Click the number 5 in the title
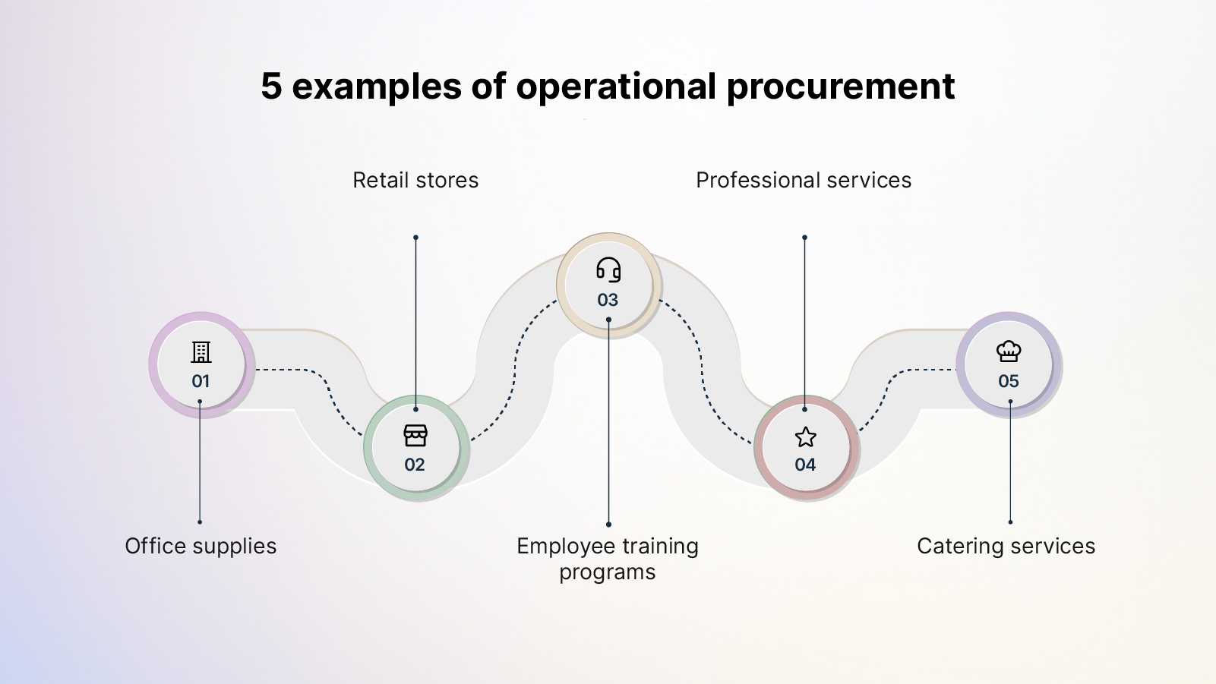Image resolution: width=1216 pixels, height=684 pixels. click(x=271, y=86)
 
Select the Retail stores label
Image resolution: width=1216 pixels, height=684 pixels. click(x=415, y=181)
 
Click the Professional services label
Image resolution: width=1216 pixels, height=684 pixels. click(x=804, y=181)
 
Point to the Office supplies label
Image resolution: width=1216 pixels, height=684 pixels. click(x=201, y=547)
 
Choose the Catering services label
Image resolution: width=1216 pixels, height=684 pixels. click(x=1006, y=547)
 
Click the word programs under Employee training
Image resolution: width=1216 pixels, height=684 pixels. click(x=608, y=572)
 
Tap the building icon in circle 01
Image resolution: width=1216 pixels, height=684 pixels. click(x=201, y=352)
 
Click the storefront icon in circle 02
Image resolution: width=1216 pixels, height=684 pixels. click(x=415, y=436)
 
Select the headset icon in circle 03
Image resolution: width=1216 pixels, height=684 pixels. click(x=608, y=270)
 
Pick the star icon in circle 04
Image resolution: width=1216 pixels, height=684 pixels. click(x=805, y=437)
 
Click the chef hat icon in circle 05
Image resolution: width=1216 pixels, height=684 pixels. click(x=1009, y=351)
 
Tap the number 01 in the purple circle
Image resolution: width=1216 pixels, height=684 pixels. click(x=201, y=381)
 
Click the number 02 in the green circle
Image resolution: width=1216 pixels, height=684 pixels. click(x=415, y=465)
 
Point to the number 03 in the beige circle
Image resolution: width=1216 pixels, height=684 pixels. click(x=608, y=300)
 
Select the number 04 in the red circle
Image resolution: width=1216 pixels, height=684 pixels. click(x=805, y=465)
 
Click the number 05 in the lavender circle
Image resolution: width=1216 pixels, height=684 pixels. click(x=1009, y=381)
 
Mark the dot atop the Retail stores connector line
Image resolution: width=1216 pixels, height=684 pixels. click(x=415, y=238)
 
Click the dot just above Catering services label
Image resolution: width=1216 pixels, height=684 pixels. click(x=1010, y=522)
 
